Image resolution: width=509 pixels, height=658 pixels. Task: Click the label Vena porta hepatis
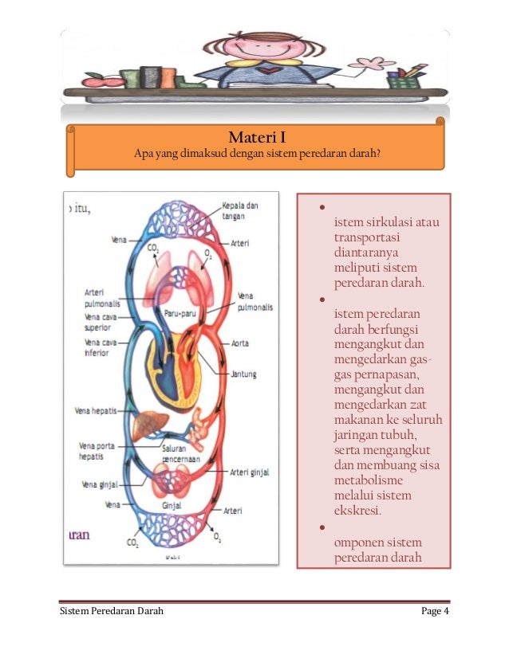(97, 451)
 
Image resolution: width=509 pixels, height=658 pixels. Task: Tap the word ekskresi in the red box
(358, 511)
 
